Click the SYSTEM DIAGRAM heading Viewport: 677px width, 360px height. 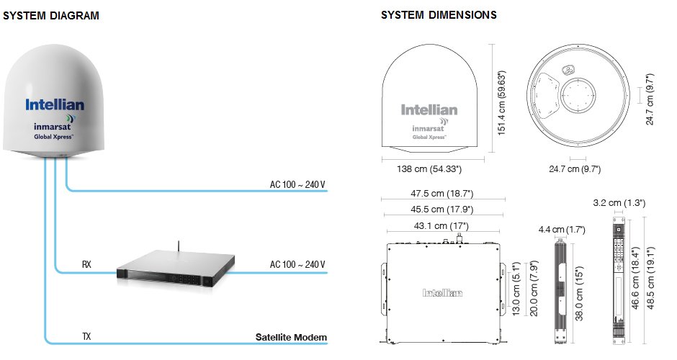51,16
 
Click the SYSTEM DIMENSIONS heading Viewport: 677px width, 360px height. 439,15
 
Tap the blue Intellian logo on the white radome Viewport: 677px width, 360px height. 55,105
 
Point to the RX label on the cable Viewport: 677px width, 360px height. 86,264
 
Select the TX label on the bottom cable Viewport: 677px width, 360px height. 86,337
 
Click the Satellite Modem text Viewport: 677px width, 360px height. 291,337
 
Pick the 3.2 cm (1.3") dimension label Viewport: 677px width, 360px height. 618,202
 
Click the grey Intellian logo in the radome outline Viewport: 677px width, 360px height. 429,110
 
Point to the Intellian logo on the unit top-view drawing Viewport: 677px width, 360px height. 442,293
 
